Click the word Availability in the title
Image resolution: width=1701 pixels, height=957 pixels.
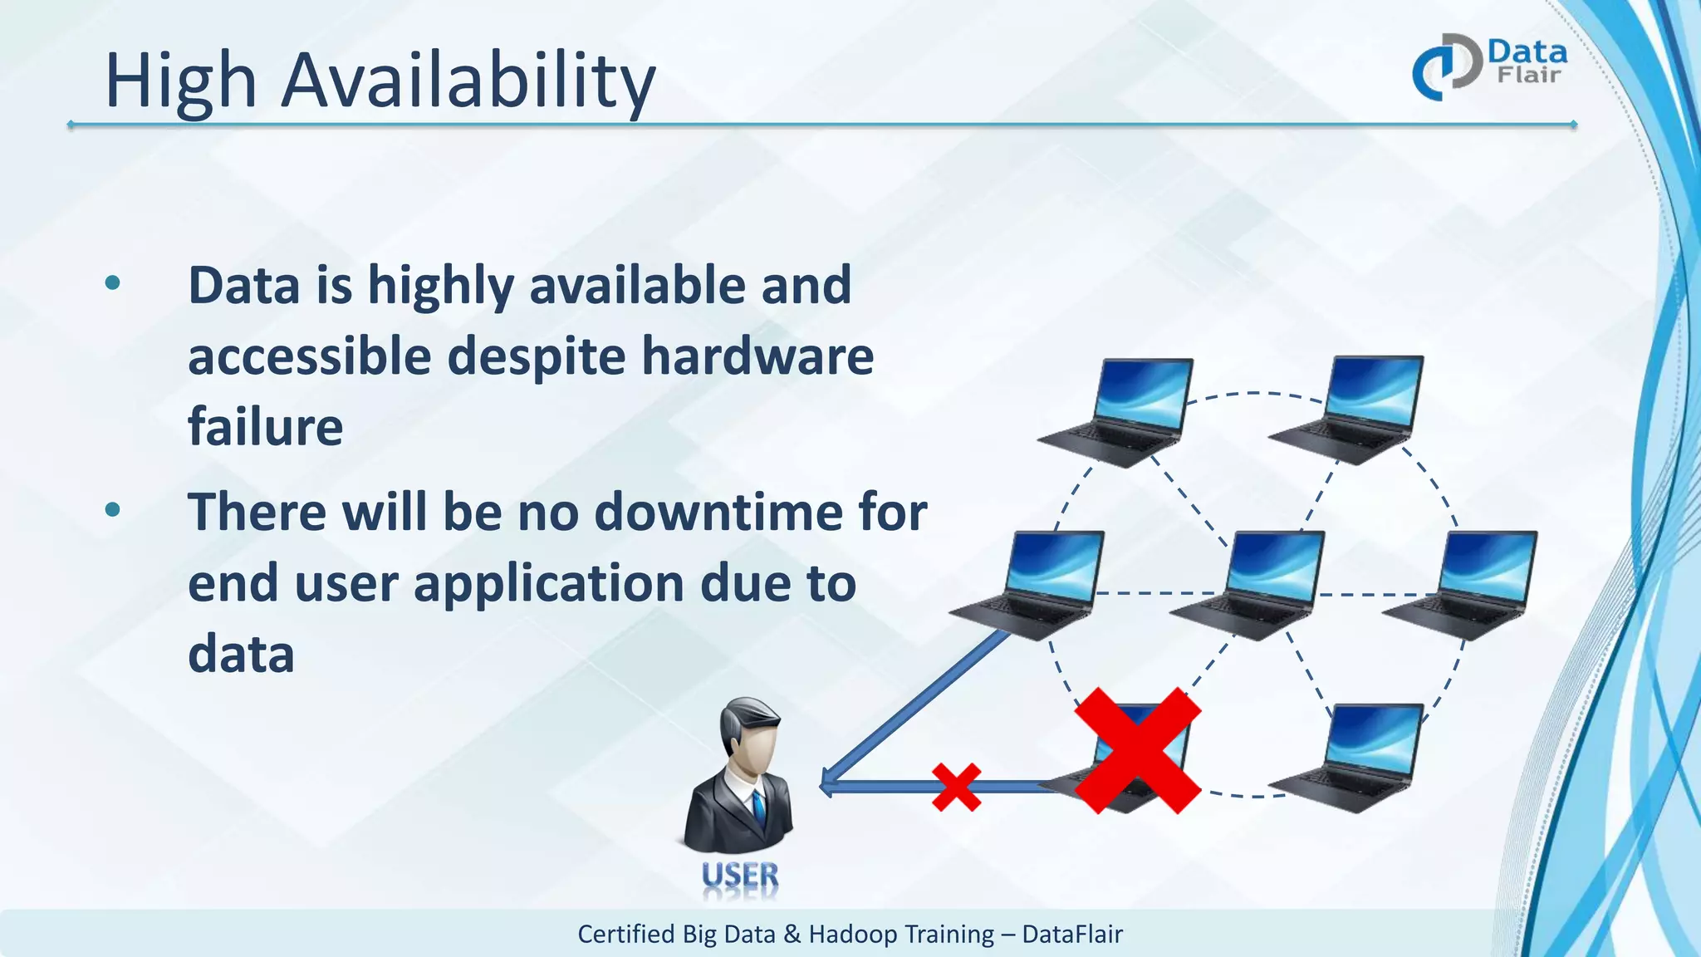coord(468,81)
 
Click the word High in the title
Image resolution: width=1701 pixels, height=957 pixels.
coord(180,81)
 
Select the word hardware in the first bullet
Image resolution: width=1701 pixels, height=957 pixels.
coord(757,356)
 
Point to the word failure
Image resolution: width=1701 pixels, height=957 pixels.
coord(265,427)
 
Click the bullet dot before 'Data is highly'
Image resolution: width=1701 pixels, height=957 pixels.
coord(113,284)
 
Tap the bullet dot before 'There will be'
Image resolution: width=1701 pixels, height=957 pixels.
coord(113,509)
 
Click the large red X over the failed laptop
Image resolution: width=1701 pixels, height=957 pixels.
coord(1138,750)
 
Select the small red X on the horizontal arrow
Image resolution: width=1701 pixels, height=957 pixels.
coord(956,787)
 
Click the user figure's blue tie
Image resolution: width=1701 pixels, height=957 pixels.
coord(758,807)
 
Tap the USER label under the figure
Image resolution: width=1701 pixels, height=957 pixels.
coord(740,876)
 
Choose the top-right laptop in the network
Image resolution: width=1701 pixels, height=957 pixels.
coord(1351,409)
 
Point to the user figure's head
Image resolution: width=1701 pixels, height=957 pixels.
coord(750,731)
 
